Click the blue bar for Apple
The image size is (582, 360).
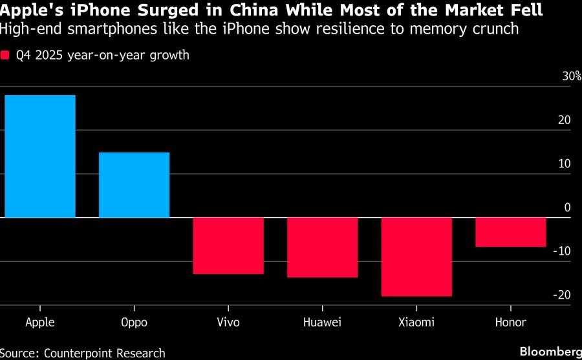(x=40, y=156)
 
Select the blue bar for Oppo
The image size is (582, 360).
(x=134, y=185)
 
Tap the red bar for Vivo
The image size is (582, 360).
(x=228, y=246)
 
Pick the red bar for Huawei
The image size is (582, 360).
(x=322, y=248)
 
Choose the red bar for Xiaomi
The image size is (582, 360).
(x=416, y=257)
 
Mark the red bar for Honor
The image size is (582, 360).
(x=510, y=232)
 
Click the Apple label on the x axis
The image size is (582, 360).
(x=40, y=322)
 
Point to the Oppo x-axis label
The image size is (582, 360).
(x=134, y=323)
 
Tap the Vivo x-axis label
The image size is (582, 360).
(x=228, y=322)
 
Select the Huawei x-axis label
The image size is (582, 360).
(x=322, y=322)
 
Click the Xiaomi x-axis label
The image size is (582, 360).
(x=416, y=322)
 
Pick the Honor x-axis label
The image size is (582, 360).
(x=510, y=322)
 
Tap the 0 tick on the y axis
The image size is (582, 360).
(x=567, y=207)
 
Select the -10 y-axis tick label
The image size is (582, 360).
(x=563, y=251)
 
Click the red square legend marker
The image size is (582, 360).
(x=5, y=55)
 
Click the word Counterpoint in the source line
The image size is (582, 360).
(x=81, y=353)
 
